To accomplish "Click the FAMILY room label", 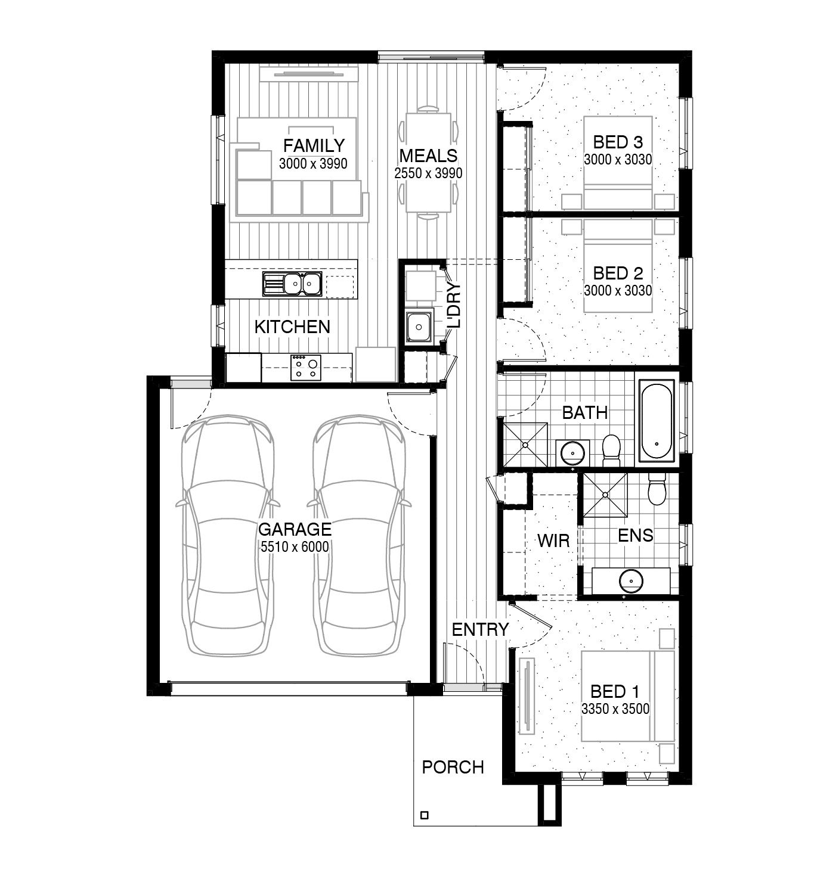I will click(x=314, y=145).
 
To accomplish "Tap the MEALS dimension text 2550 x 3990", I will click(x=428, y=173).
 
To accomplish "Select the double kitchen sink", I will click(x=293, y=284).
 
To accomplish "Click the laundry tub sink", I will click(x=419, y=327).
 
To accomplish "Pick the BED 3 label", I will click(x=618, y=142).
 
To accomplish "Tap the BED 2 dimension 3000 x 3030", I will click(x=618, y=291).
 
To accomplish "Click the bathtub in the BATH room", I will click(x=657, y=420).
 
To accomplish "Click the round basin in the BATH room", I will click(x=573, y=453).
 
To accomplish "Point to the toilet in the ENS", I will click(x=657, y=489).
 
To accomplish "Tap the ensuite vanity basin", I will click(x=630, y=579).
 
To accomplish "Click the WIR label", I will click(x=553, y=541).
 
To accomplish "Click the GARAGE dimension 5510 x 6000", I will click(x=294, y=547).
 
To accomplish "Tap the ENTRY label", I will click(x=480, y=629).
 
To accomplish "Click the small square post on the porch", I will click(x=425, y=815).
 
